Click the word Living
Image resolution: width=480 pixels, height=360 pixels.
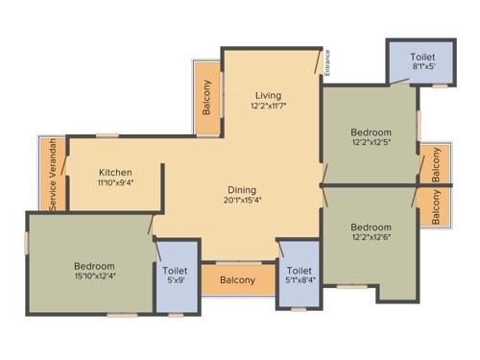click(268, 95)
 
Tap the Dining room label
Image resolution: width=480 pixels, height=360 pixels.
click(241, 189)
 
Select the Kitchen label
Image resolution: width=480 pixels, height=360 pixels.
click(115, 173)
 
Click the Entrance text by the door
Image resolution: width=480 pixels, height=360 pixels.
click(326, 62)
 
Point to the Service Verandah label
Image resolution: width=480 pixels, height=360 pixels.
click(53, 175)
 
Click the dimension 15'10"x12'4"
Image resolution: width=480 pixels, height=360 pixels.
click(94, 277)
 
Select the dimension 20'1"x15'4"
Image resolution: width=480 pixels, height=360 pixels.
click(242, 201)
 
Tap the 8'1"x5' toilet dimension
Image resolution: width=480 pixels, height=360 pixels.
click(421, 68)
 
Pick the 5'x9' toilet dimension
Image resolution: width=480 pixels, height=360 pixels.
click(175, 282)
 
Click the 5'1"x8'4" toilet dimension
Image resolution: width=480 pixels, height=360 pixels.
click(299, 282)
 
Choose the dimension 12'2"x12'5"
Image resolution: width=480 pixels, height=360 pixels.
click(371, 144)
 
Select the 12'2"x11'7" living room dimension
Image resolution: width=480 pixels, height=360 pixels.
click(268, 107)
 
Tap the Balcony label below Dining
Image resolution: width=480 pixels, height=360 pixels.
click(237, 280)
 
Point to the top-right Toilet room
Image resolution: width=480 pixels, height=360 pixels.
click(421, 57)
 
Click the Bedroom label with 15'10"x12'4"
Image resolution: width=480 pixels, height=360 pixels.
click(94, 266)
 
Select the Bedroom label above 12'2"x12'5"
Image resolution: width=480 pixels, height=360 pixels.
click(371, 132)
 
